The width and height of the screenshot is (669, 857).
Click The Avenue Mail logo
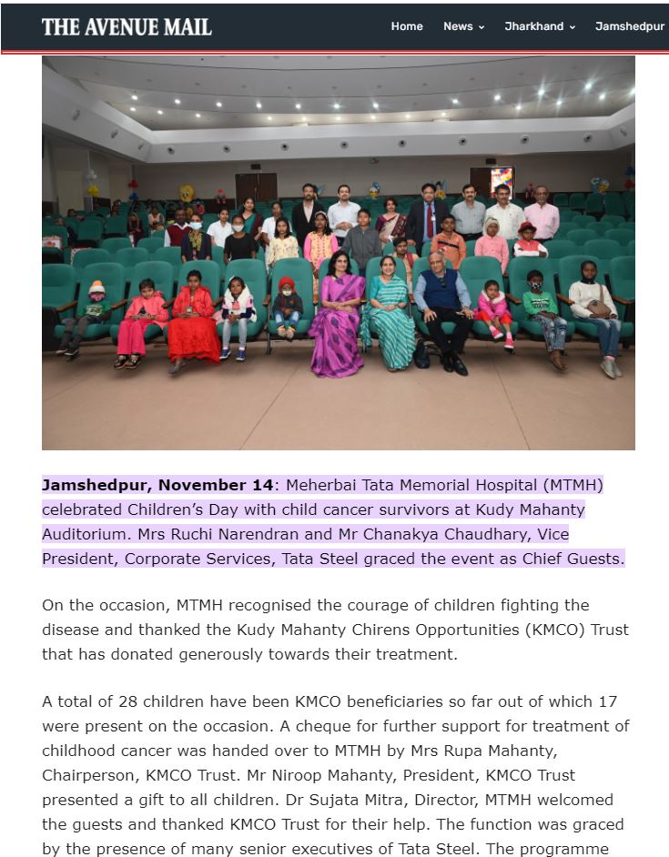click(x=127, y=26)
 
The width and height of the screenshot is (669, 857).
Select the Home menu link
click(x=407, y=26)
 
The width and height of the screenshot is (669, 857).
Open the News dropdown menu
click(x=463, y=26)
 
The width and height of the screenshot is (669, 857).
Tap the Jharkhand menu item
click(x=540, y=26)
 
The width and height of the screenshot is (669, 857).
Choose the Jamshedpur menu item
click(x=630, y=26)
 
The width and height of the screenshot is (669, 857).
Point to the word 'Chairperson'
click(x=83, y=776)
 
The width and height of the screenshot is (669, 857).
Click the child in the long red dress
click(x=193, y=323)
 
